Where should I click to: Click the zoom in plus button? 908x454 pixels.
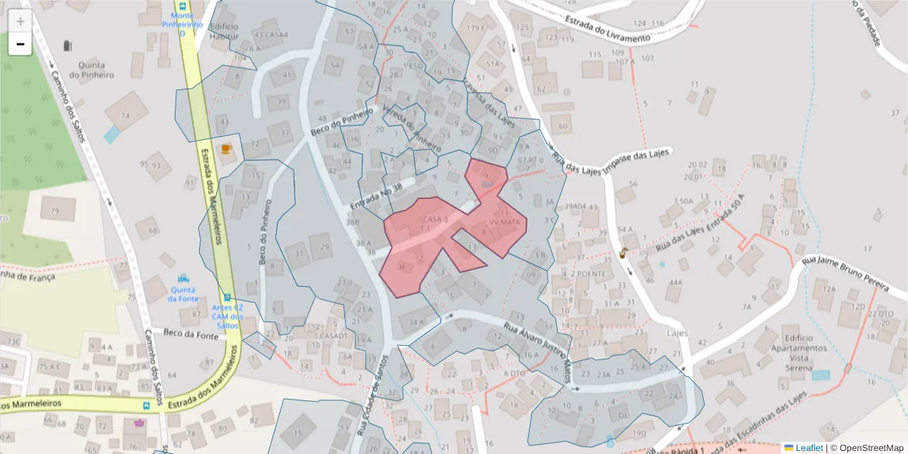pyautogui.click(x=20, y=21)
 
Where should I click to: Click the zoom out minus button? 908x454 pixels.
pyautogui.click(x=20, y=44)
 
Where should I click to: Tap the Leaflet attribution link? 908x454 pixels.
pyautogui.click(x=804, y=447)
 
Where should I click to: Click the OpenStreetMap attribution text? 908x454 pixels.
pyautogui.click(x=866, y=447)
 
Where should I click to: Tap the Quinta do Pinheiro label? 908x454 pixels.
pyautogui.click(x=92, y=70)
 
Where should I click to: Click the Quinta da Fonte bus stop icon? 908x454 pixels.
pyautogui.click(x=183, y=279)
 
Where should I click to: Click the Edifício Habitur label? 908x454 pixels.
pyautogui.click(x=224, y=31)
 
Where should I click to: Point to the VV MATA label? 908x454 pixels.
pyautogui.click(x=504, y=222)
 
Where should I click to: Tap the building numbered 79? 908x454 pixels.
pyautogui.click(x=54, y=210)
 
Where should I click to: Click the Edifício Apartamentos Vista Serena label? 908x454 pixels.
pyautogui.click(x=804, y=348)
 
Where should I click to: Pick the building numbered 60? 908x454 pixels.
pyautogui.click(x=561, y=126)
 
